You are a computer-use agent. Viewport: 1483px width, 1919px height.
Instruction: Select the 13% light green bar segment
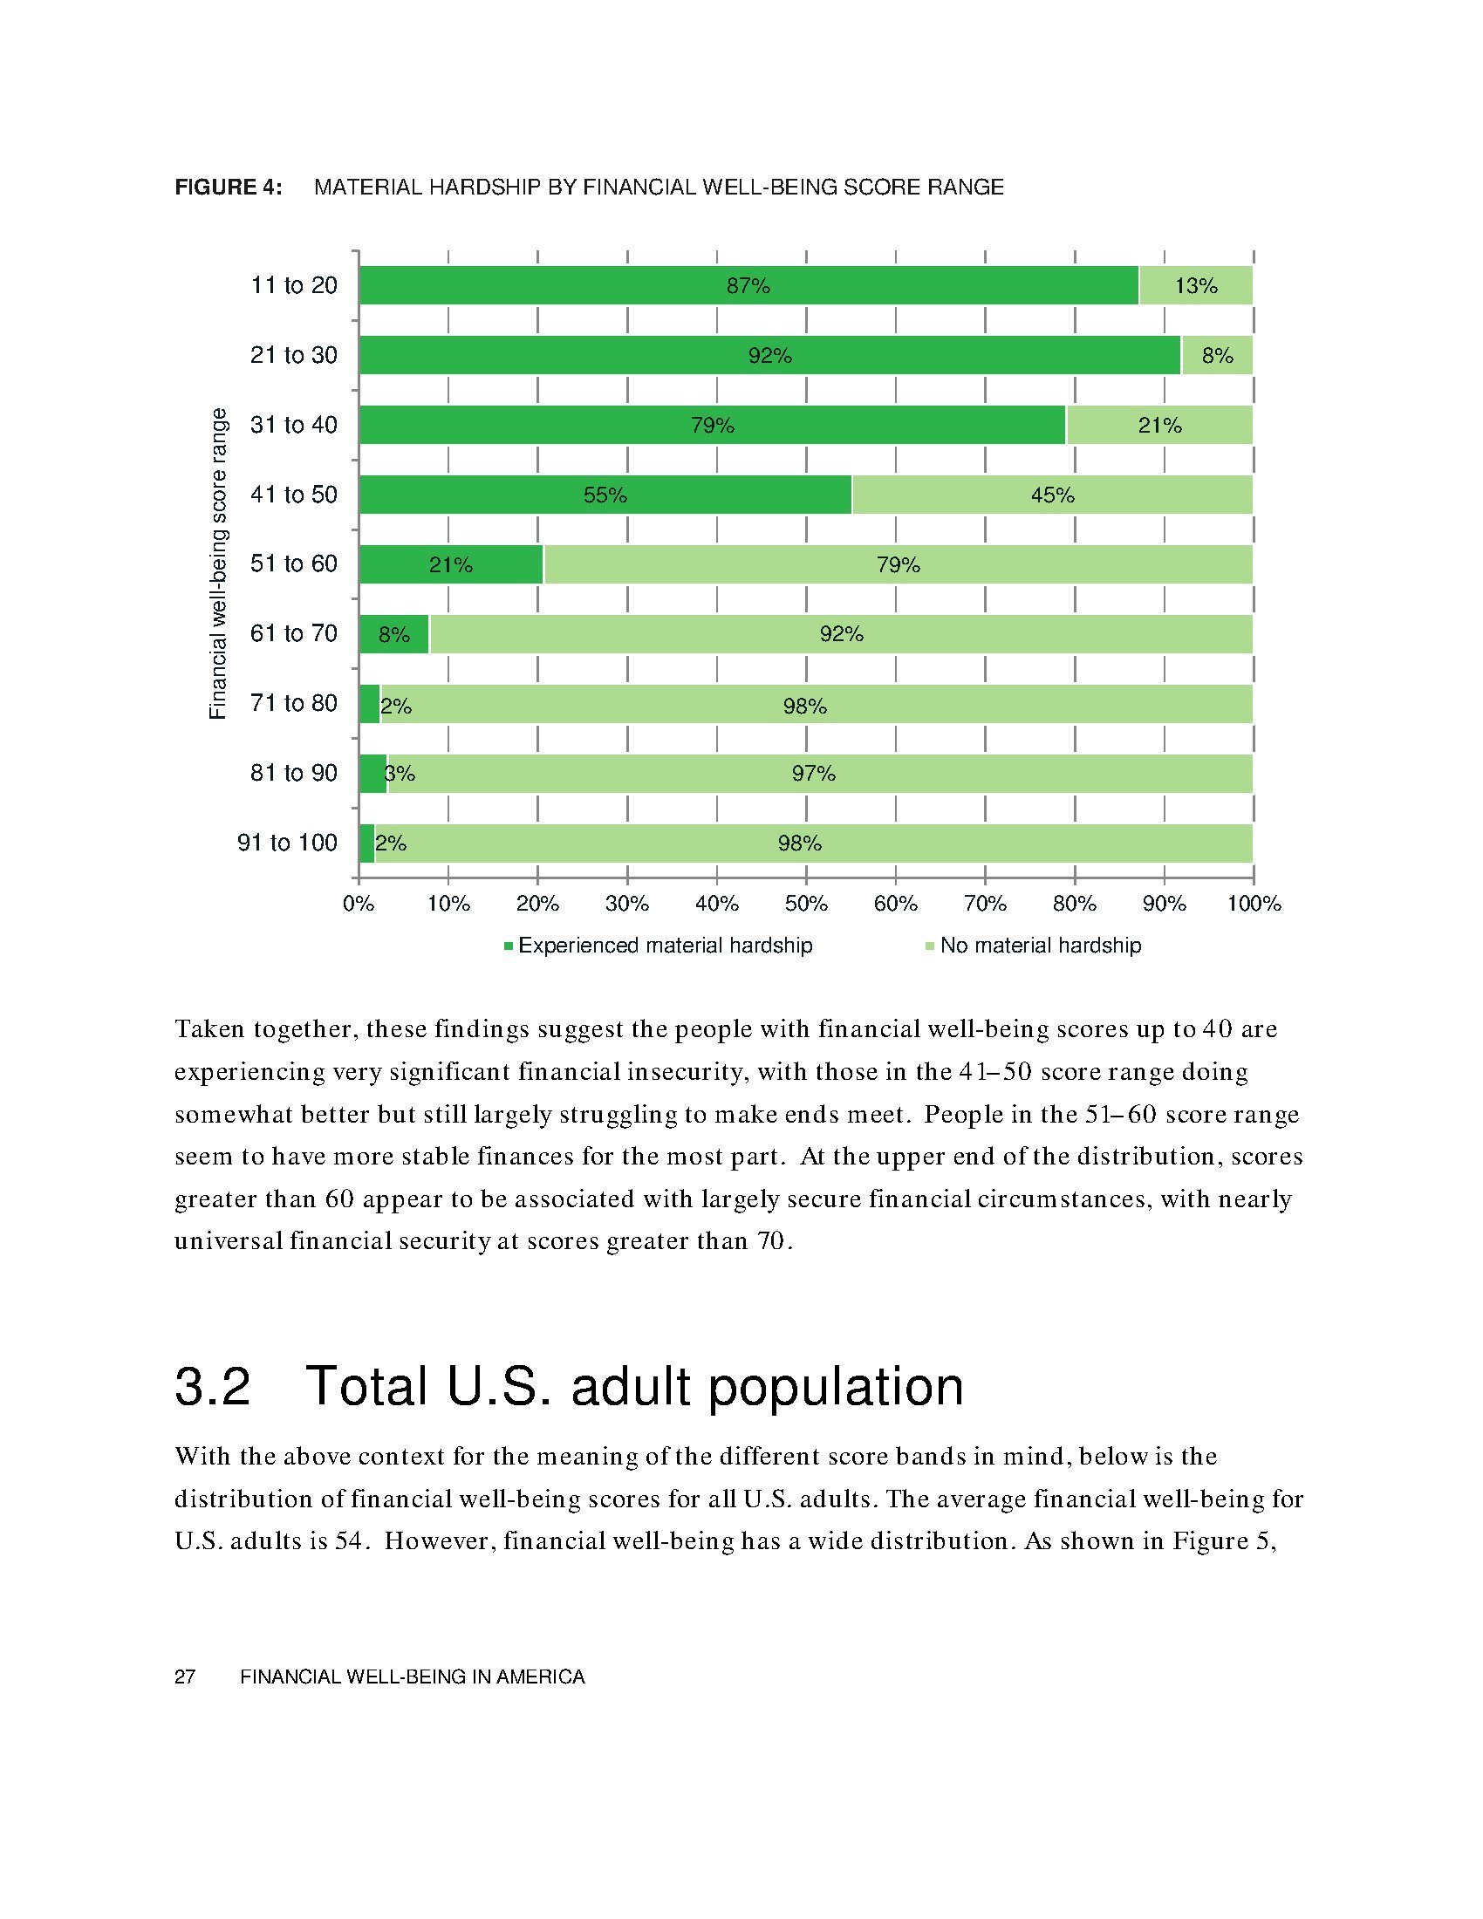[x=1196, y=285]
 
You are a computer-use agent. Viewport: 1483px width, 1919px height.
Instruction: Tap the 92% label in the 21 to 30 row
[x=769, y=356]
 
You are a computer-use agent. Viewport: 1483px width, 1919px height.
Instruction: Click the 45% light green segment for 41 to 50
[x=1052, y=495]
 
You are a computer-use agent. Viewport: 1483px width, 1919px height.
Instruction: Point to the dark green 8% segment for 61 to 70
[x=393, y=634]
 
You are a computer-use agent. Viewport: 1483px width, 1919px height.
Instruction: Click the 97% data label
[x=814, y=774]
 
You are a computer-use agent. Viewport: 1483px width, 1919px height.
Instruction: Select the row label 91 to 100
[x=287, y=843]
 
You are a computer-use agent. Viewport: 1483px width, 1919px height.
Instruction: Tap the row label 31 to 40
[x=293, y=426]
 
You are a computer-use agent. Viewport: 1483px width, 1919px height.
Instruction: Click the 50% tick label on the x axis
[x=806, y=904]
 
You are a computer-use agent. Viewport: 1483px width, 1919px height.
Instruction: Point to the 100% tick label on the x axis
[x=1254, y=904]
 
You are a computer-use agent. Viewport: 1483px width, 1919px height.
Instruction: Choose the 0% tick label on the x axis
[x=359, y=904]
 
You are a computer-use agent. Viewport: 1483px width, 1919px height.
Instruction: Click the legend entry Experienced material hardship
[x=664, y=946]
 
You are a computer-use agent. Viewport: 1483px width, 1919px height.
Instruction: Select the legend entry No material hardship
[x=1039, y=946]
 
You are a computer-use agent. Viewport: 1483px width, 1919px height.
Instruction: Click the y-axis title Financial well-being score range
[x=218, y=563]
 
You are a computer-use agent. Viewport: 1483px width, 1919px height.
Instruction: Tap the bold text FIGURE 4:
[x=229, y=188]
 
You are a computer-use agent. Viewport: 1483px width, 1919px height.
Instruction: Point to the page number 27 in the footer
[x=184, y=1677]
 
